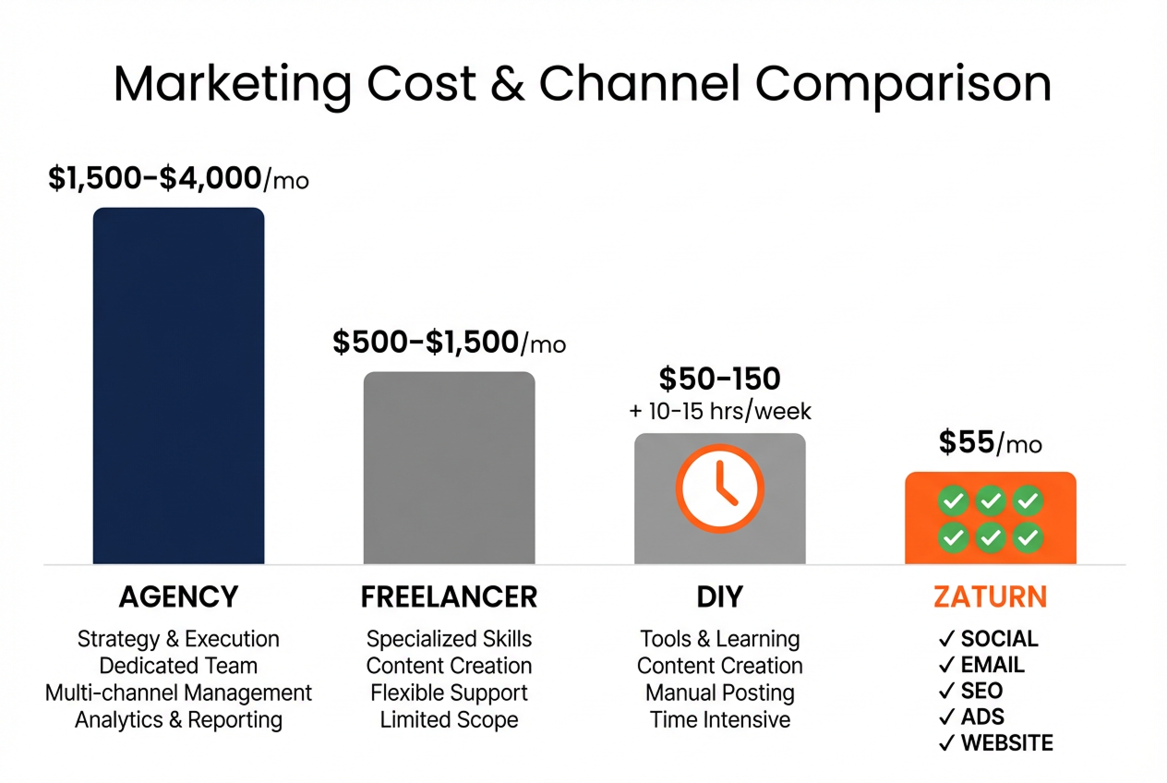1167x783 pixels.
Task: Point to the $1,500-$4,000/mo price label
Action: (178, 179)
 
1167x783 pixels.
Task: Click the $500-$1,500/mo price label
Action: (449, 343)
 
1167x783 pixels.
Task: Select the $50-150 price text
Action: (720, 379)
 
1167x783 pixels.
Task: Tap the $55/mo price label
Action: (990, 444)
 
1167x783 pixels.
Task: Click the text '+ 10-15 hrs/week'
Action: (720, 411)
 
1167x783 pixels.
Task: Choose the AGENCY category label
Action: (178, 597)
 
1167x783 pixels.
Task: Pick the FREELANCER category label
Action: (449, 597)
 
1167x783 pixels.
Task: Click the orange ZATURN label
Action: (990, 597)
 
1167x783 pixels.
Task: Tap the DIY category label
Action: (720, 597)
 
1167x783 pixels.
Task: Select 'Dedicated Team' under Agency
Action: (178, 666)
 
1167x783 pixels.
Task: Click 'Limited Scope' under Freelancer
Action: (449, 719)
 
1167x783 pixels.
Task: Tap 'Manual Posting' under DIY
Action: (720, 693)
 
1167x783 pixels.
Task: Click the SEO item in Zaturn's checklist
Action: (981, 691)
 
